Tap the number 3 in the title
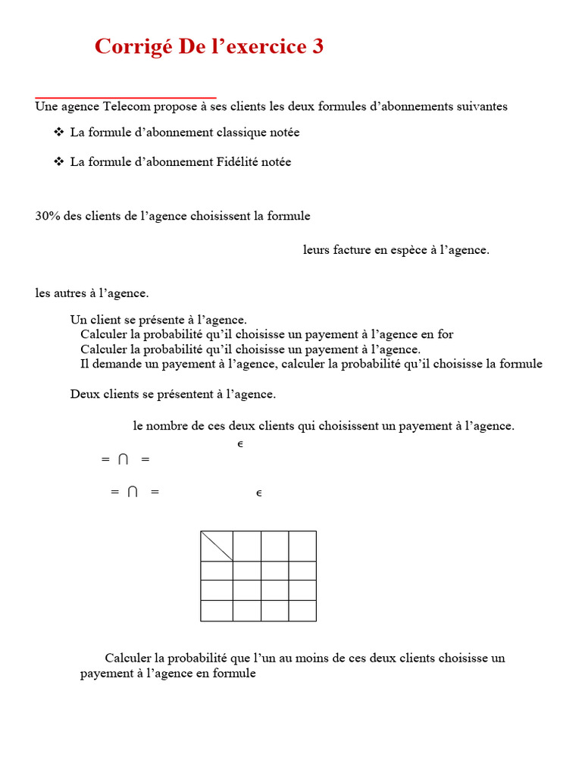(x=318, y=47)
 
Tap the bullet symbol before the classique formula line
(x=58, y=133)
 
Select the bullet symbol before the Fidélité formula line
(x=58, y=162)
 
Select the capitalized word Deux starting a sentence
(x=84, y=394)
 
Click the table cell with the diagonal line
(x=216, y=546)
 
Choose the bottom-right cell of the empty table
(x=302, y=611)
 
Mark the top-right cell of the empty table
(x=302, y=546)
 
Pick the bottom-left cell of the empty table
(x=216, y=611)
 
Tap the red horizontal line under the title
(x=126, y=98)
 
